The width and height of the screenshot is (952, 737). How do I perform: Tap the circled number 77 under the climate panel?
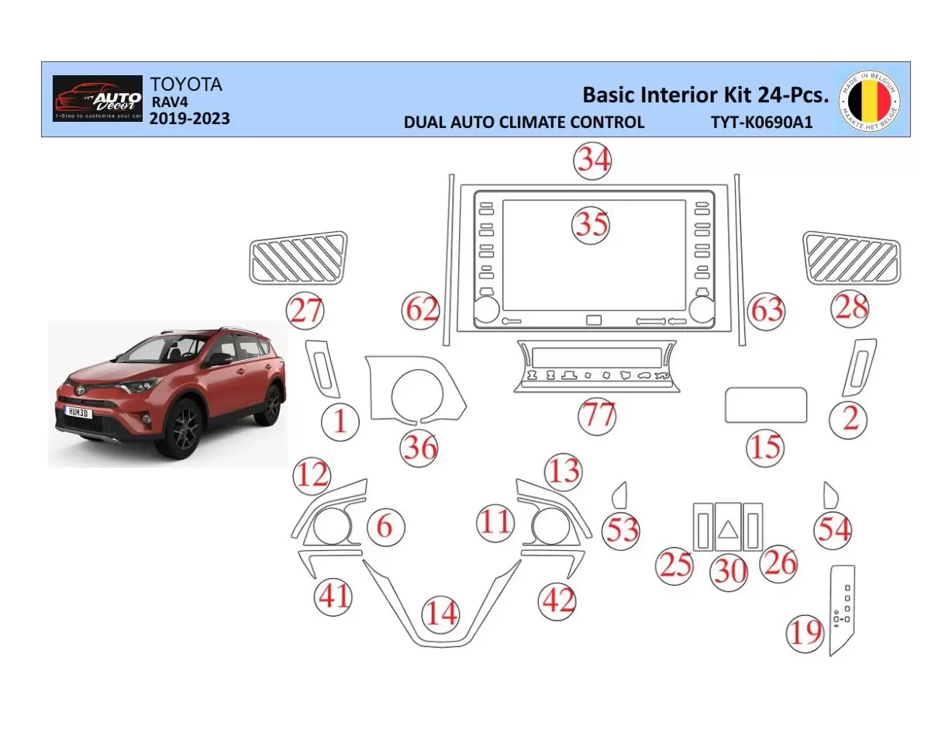597,416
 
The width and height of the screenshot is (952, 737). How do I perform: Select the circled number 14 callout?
441,613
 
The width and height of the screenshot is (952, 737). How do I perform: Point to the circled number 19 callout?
805,632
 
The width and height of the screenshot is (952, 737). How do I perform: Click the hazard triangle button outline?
729,528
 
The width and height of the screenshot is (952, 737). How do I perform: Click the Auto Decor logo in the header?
98,99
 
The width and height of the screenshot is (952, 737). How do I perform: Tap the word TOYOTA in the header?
185,85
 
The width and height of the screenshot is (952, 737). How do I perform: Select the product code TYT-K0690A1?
761,122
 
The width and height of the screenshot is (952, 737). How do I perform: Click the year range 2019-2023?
189,119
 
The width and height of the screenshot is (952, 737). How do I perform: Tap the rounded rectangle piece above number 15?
765,405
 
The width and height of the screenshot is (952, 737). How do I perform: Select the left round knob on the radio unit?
486,310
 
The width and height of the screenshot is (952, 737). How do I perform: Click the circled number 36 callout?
419,448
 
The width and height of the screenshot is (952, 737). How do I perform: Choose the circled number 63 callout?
766,310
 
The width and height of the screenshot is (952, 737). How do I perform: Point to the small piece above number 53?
620,493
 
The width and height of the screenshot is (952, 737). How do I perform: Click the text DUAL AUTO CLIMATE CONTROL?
524,122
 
